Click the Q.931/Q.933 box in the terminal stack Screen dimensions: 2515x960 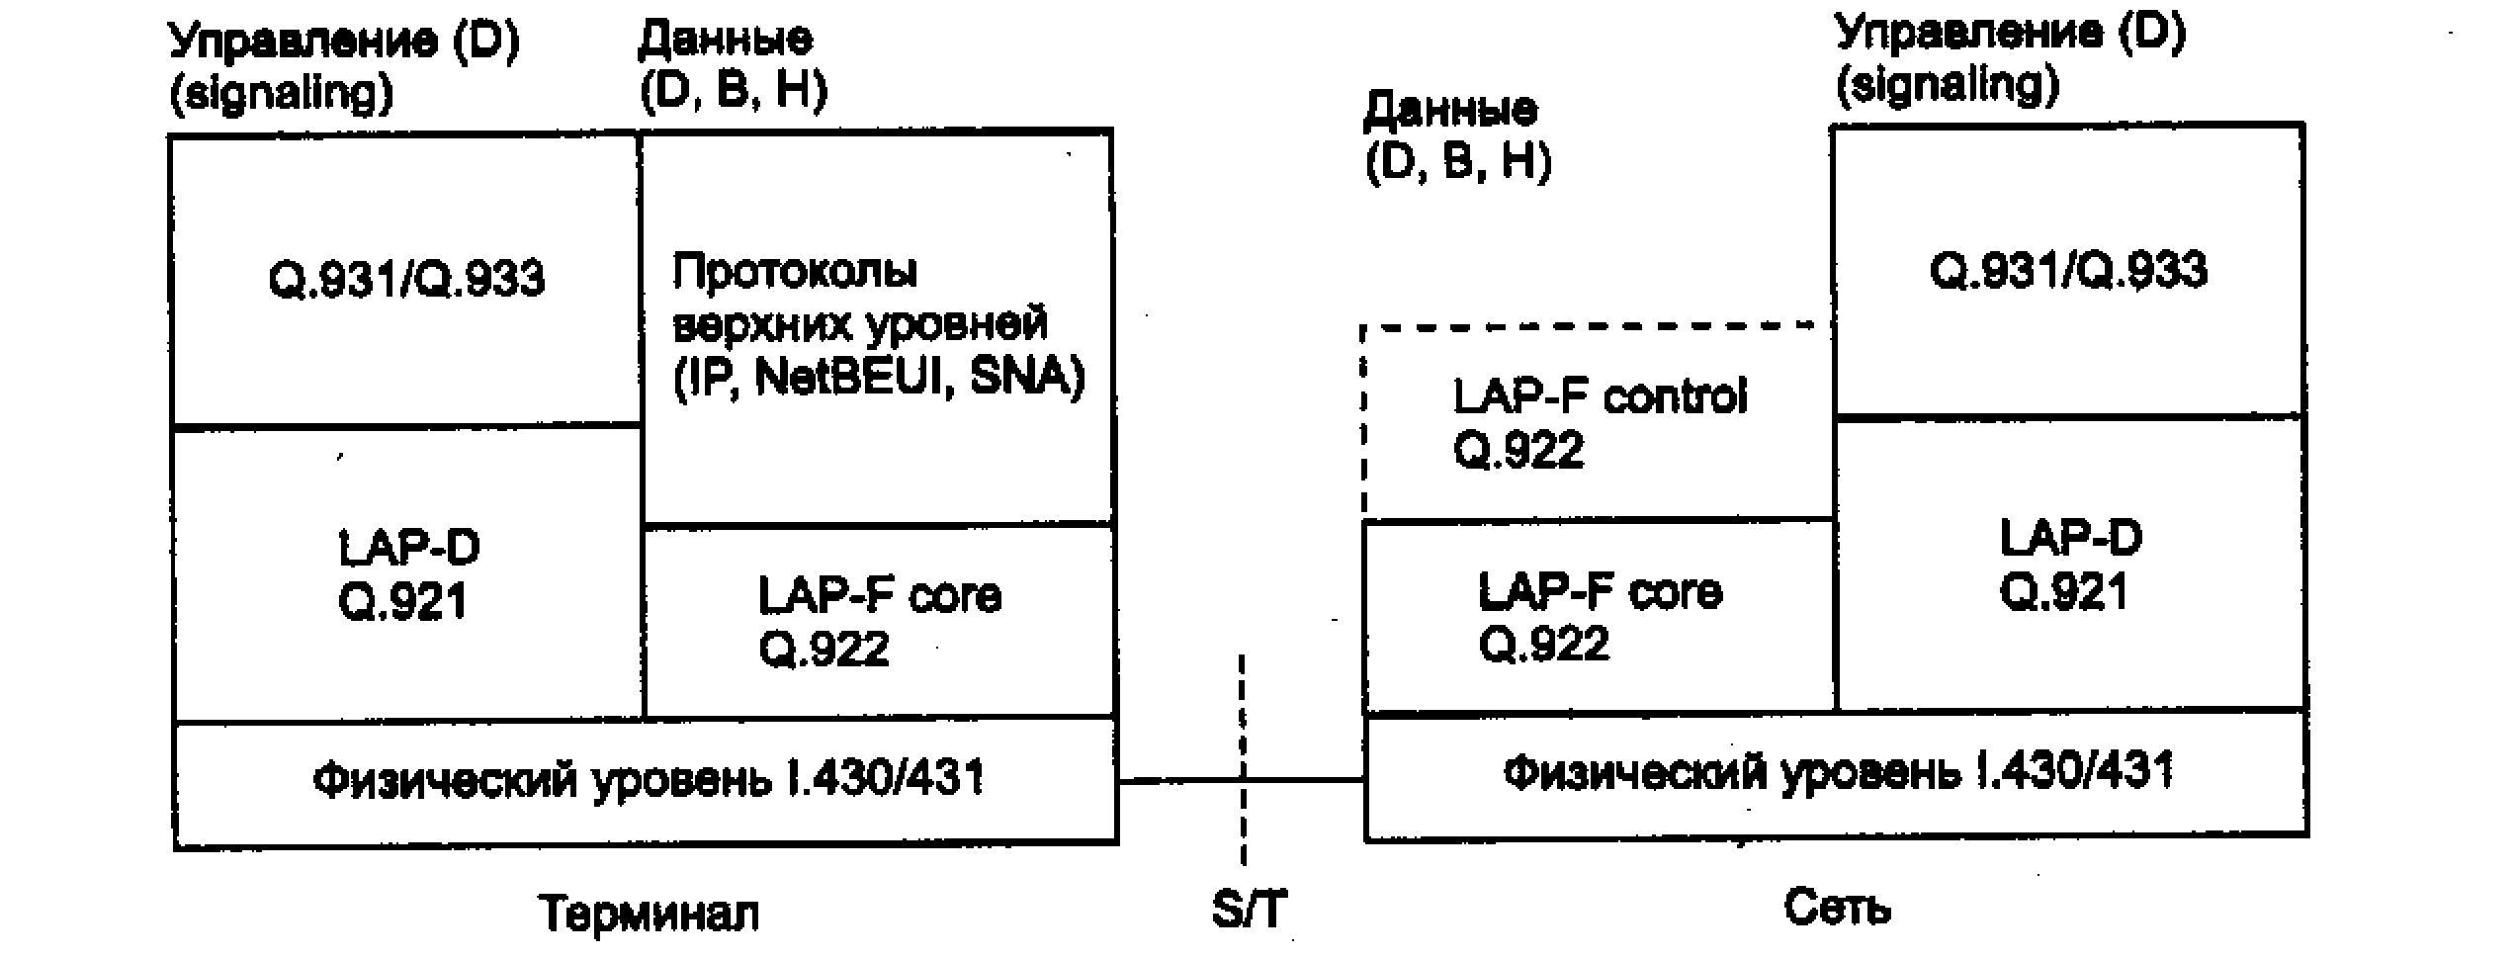(x=405, y=280)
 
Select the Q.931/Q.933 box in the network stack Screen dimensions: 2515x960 (x=2068, y=270)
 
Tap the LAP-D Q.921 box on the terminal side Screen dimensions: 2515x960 (x=407, y=574)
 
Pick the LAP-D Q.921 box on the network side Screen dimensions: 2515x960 (x=2070, y=565)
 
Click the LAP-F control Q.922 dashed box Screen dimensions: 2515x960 (x=1598, y=422)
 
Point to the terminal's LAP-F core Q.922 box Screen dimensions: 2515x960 (x=878, y=622)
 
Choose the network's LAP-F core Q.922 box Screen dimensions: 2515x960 (x=1598, y=618)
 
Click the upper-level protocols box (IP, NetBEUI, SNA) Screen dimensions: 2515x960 (x=878, y=326)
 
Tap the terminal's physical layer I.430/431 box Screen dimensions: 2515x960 (x=647, y=781)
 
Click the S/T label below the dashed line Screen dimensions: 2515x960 (x=1249, y=910)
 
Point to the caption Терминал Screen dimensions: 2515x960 (x=649, y=914)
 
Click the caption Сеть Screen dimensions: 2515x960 (x=1837, y=908)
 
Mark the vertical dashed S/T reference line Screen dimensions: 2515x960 (x=1243, y=712)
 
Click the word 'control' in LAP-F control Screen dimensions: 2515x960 (x=1675, y=396)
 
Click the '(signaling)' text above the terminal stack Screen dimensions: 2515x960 (x=282, y=93)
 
